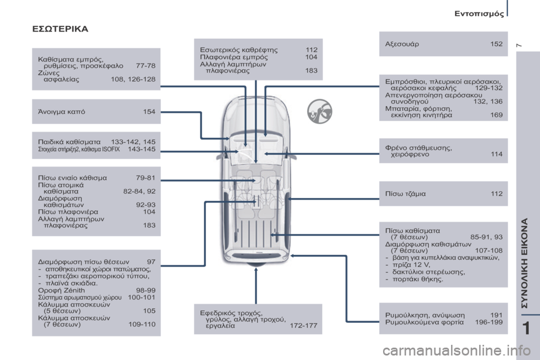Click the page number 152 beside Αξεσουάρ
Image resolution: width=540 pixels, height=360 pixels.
click(496, 44)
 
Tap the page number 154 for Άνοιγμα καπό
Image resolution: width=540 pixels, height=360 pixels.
click(149, 112)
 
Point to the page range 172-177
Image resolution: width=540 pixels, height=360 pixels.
click(303, 326)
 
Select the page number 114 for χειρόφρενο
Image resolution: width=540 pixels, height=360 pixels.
click(496, 154)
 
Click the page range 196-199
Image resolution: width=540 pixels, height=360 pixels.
click(488, 322)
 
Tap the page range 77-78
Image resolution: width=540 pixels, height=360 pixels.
click(146, 65)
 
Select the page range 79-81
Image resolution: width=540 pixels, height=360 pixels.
click(146, 178)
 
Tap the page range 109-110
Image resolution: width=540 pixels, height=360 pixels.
click(142, 324)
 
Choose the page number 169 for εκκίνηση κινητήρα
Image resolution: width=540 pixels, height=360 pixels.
click(496, 115)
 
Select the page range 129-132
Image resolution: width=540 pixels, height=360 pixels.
click(488, 88)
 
